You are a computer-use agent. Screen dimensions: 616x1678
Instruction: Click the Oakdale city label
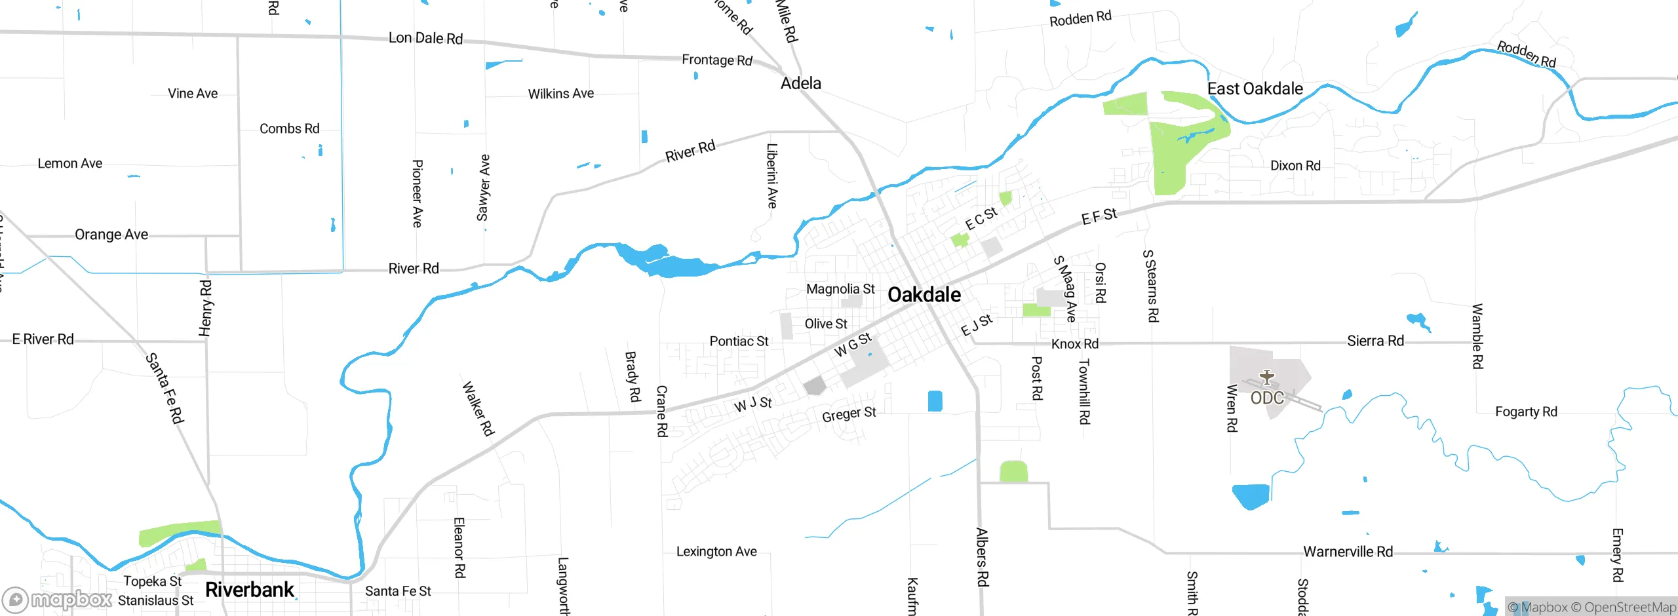point(924,295)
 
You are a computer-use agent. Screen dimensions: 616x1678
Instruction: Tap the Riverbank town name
point(250,590)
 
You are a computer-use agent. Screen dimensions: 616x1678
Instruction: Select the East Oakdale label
point(1255,89)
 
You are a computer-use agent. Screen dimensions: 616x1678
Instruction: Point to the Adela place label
point(800,83)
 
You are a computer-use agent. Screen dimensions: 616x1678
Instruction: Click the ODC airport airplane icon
point(1266,377)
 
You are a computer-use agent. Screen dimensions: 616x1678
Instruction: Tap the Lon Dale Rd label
point(425,38)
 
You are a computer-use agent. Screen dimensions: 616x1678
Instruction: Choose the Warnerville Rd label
point(1348,552)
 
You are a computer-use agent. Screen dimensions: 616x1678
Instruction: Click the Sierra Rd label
point(1375,341)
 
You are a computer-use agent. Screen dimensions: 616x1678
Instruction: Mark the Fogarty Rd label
point(1526,412)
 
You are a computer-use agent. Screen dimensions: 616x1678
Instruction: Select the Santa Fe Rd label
point(165,388)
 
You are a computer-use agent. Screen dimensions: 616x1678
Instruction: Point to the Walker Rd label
point(478,409)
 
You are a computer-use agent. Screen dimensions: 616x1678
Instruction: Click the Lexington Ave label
point(716,552)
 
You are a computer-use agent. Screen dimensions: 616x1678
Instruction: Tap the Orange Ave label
point(111,235)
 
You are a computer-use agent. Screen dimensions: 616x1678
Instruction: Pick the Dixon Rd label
point(1295,166)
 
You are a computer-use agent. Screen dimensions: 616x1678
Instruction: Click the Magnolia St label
point(840,289)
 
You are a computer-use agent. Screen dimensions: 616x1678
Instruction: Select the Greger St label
point(849,414)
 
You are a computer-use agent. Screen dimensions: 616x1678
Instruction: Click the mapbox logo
point(58,600)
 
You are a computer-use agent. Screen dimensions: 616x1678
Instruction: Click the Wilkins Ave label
point(561,94)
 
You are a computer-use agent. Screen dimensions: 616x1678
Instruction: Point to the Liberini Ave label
point(772,176)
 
